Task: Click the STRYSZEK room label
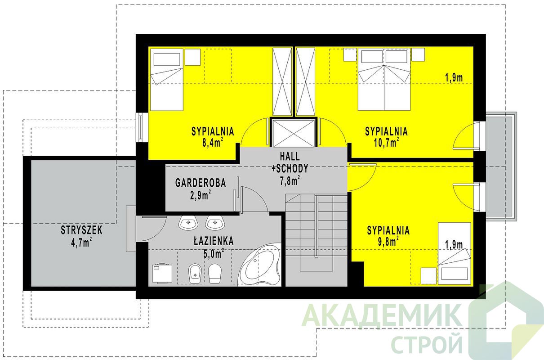click(82, 230)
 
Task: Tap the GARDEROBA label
click(201, 183)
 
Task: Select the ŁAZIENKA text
click(214, 241)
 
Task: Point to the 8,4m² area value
click(213, 143)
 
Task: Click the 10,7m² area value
click(386, 143)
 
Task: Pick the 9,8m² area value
click(388, 241)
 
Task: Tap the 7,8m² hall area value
click(290, 180)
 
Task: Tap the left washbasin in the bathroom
click(188, 223)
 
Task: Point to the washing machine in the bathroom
click(162, 274)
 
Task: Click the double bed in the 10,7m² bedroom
click(384, 79)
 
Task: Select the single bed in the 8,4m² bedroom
click(167, 80)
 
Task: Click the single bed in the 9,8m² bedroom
click(455, 253)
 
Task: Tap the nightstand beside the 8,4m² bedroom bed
click(192, 57)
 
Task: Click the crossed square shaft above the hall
click(294, 133)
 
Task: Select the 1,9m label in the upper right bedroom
click(454, 78)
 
